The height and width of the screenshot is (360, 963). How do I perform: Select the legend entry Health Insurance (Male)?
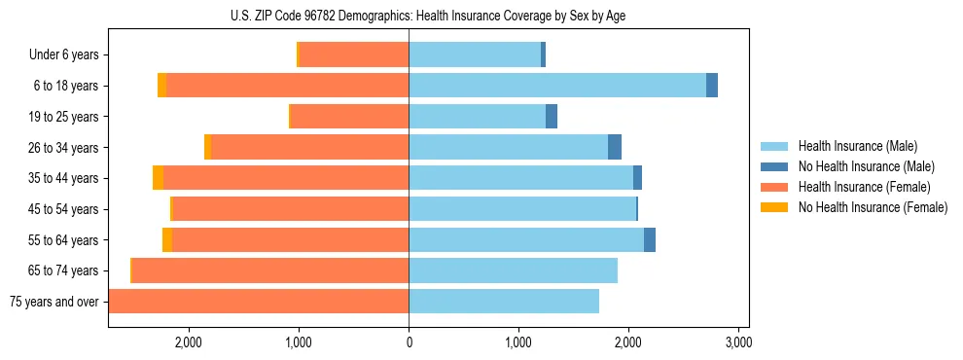point(857,146)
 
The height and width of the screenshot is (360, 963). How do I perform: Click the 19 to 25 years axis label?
point(64,117)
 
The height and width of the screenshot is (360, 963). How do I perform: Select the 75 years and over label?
point(54,302)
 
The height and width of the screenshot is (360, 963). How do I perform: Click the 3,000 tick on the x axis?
point(738,342)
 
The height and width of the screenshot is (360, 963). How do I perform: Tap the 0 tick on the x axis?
point(409,342)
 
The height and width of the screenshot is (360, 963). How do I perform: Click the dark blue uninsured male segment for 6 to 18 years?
point(712,86)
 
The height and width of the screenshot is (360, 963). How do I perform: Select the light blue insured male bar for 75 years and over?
point(504,302)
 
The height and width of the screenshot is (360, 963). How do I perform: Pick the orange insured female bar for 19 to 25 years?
point(350,117)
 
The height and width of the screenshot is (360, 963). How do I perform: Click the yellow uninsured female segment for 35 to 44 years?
point(158,178)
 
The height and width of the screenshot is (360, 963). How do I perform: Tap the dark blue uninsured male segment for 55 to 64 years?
point(650,240)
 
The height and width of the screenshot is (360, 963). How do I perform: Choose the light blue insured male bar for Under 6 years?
point(475,55)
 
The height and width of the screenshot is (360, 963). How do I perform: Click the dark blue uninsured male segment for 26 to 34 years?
point(615,148)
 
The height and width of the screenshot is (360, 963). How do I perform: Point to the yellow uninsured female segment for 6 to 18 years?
point(161,86)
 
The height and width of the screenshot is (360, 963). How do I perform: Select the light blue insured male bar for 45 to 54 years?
point(522,209)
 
